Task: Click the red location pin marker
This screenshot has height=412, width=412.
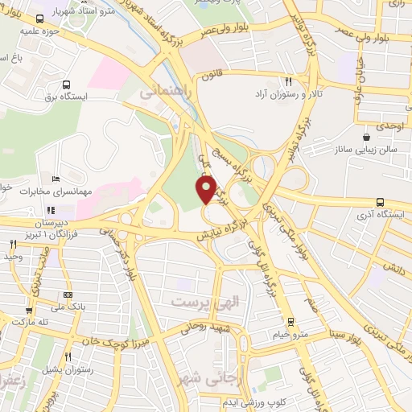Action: (x=207, y=190)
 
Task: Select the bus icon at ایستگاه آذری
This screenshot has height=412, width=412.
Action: (x=379, y=204)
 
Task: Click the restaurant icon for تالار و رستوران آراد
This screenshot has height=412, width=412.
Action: (x=287, y=81)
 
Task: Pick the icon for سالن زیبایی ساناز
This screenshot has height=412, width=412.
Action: (x=367, y=126)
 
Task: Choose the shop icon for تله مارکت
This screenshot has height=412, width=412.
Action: (x=29, y=310)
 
